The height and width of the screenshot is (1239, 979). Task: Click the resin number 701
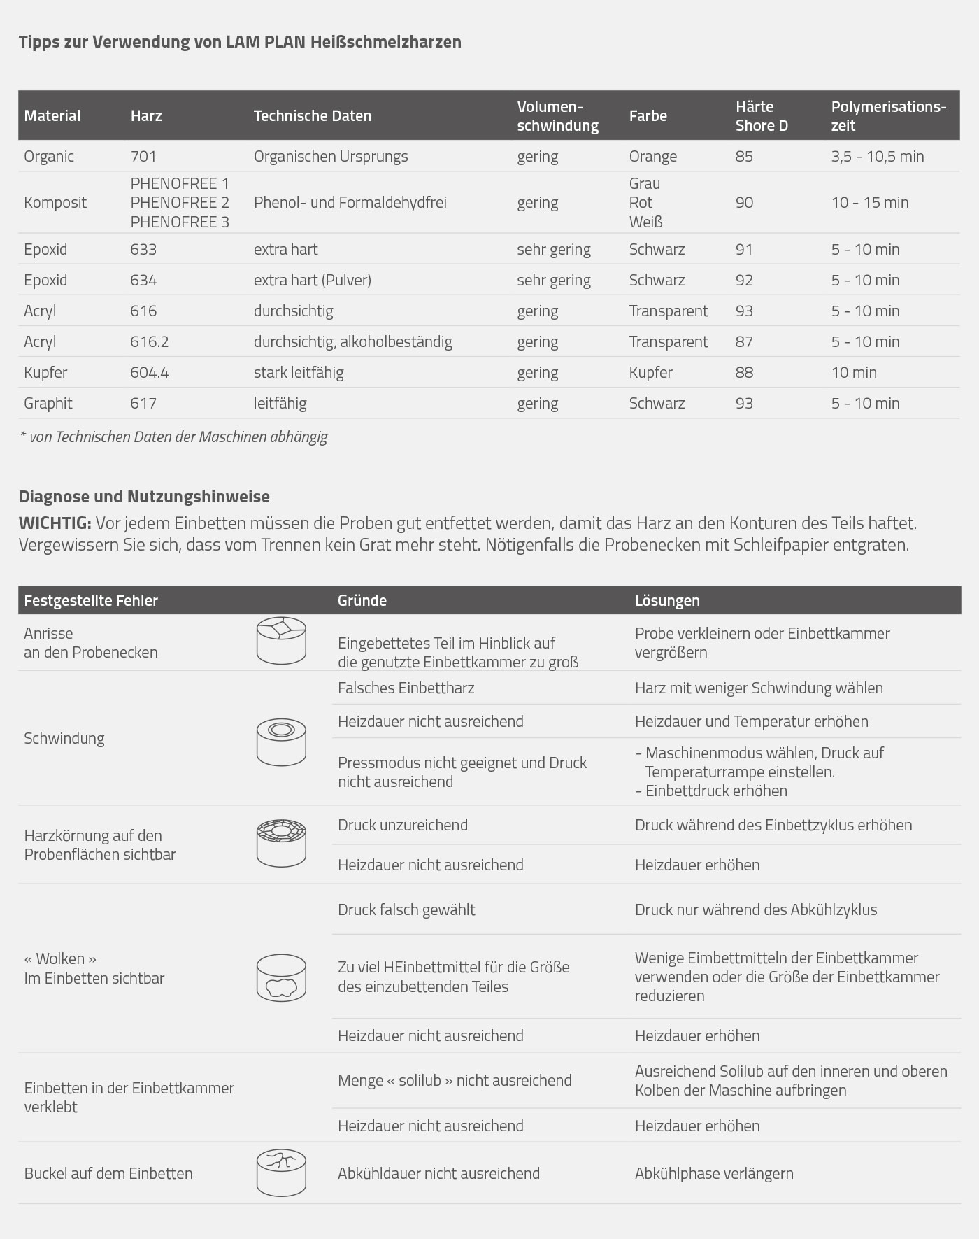143,156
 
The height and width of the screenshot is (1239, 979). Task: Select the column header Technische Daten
312,116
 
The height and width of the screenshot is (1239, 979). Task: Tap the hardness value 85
744,156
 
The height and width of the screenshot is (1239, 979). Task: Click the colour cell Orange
652,156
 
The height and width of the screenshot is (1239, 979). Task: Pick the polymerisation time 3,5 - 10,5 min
877,156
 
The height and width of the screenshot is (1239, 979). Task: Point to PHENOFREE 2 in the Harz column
180,203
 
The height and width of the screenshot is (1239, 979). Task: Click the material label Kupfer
45,372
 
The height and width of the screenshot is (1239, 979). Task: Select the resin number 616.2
149,341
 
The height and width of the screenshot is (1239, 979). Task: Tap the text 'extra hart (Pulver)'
312,280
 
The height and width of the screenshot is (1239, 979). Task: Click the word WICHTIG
55,523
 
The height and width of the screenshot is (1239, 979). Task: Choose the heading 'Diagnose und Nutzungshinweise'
144,497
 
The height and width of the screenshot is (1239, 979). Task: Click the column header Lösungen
666,600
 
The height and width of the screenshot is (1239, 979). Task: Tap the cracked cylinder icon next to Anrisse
281,640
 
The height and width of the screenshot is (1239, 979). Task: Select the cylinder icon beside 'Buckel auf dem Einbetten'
281,1173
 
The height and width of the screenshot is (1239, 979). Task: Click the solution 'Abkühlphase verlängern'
713,1173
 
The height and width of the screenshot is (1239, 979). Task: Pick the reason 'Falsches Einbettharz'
406,688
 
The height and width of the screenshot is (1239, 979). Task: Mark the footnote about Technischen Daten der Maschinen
174,437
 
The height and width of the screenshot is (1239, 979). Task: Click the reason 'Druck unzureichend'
402,825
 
